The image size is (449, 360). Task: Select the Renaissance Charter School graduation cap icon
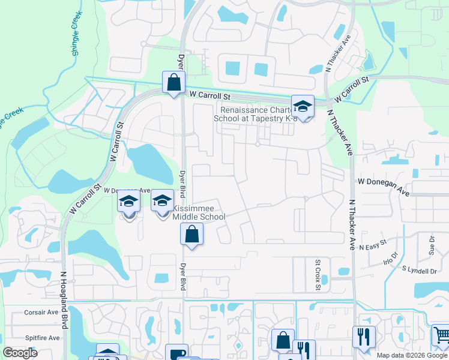[x=303, y=107]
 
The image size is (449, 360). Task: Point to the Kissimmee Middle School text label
[x=199, y=212]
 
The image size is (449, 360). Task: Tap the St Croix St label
[x=318, y=272]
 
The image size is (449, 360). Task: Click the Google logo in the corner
[x=20, y=353]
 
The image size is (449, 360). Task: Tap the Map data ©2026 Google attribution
[x=412, y=355]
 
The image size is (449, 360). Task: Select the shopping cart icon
[x=442, y=335]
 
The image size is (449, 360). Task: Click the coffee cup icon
[x=176, y=353]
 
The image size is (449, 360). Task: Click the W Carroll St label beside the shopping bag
[x=209, y=94]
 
